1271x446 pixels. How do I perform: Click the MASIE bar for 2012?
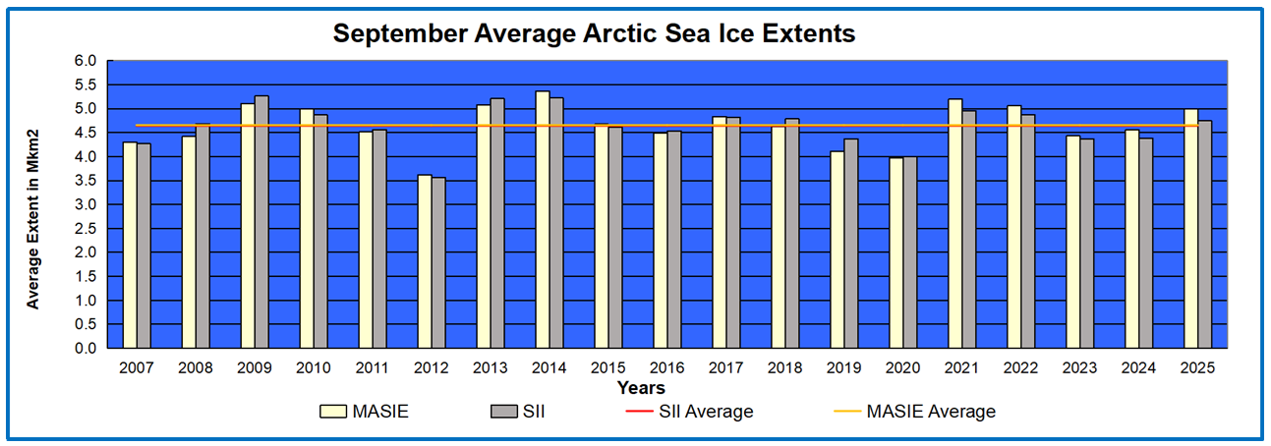[x=425, y=261]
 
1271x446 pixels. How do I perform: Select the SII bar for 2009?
[x=261, y=222]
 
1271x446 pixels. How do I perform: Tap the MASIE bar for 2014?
[x=543, y=220]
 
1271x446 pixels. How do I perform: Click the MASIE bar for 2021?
[x=955, y=224]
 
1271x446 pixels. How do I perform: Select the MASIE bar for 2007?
[x=130, y=246]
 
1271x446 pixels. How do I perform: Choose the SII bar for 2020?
[x=910, y=252]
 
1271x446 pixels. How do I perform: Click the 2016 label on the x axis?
[x=667, y=368]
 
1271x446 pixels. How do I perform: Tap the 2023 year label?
[x=1080, y=368]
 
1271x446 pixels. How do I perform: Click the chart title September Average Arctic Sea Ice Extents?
[x=594, y=33]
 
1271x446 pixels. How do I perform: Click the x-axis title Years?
[x=641, y=388]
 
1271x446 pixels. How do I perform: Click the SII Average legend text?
[x=706, y=413]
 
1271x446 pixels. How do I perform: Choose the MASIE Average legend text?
[x=931, y=413]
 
